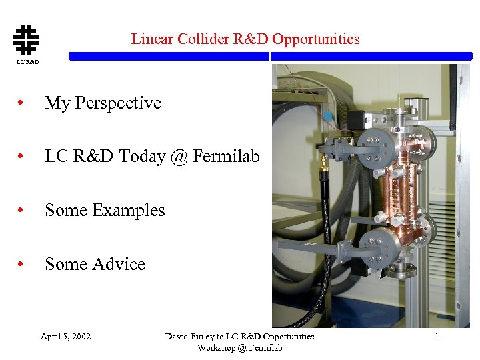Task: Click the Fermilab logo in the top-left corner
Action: (26, 39)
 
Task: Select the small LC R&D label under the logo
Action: (27, 62)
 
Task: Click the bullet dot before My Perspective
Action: (22, 103)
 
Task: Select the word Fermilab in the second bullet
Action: (226, 156)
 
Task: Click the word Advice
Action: (119, 264)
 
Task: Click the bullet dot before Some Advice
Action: (22, 265)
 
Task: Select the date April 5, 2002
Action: (65, 336)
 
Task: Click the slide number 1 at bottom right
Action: (437, 336)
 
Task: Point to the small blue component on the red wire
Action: (327, 115)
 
